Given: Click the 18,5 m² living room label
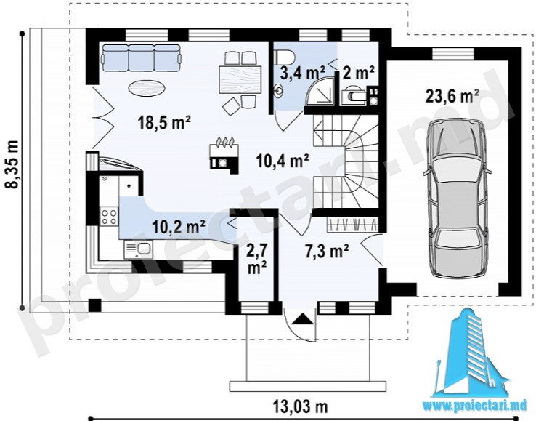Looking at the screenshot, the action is pos(164,123).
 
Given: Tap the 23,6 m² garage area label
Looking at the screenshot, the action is pos(452,96).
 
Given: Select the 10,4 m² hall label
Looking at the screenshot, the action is pos(283,161).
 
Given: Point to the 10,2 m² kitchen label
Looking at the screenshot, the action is pos(179,227).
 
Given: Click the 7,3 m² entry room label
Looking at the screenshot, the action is pos(327,252).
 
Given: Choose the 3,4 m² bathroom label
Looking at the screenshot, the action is pos(303,73).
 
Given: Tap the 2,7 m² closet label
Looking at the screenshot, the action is pos(256,259).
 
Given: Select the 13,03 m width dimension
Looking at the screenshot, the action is pos(301,407).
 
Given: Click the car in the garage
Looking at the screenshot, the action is pos(457,199).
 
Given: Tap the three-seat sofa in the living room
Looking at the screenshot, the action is pos(141,58).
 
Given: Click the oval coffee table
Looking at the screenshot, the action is pos(147,88).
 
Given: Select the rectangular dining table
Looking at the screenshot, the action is pos(240,79).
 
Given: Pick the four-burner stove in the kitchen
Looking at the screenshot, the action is pos(109,217).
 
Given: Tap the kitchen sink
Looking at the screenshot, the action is pos(139,249).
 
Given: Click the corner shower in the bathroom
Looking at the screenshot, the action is pos(320,91).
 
